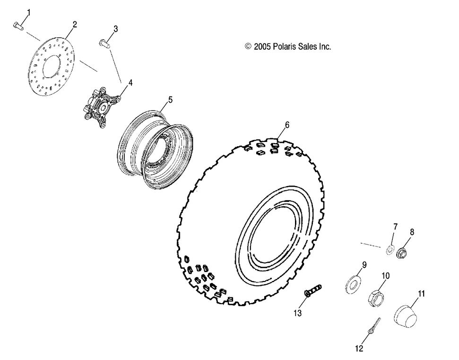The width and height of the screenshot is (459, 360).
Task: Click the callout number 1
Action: [x=27, y=11]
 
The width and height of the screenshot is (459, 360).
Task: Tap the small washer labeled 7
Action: [x=390, y=249]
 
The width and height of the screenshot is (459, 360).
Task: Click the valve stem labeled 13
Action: [x=312, y=290]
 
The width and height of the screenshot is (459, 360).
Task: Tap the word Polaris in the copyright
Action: [x=282, y=46]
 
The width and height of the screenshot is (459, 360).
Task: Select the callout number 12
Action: [x=360, y=348]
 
